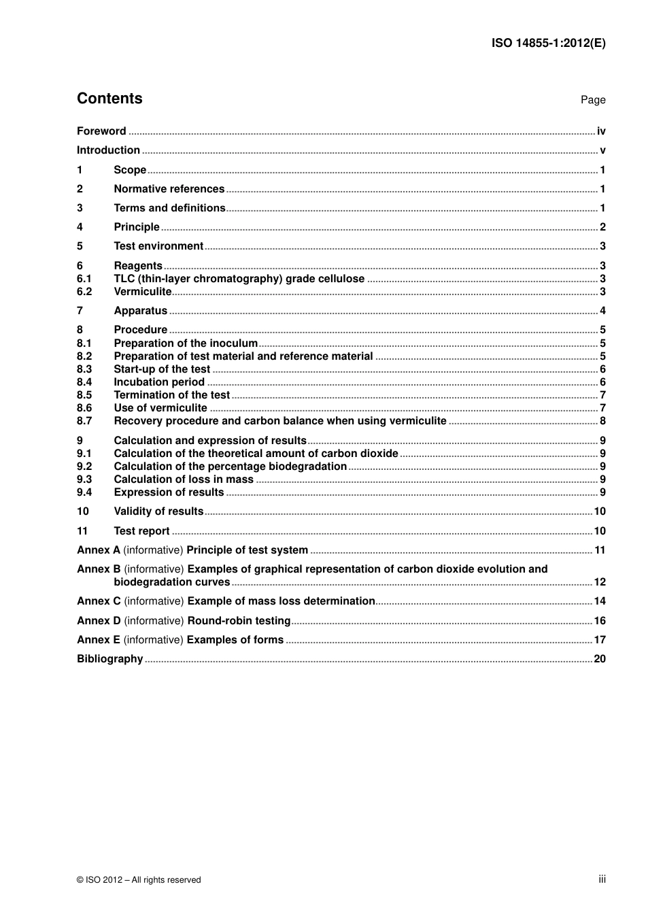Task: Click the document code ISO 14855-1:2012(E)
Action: click(548, 43)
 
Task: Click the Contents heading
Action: click(109, 99)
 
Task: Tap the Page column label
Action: click(592, 100)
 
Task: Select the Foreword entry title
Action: click(101, 131)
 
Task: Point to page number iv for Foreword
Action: click(601, 131)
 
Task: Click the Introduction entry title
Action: click(108, 150)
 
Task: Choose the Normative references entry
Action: click(169, 189)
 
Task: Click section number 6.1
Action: click(84, 279)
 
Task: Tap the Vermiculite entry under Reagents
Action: click(142, 292)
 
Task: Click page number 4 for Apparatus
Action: click(602, 311)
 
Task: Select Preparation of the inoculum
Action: click(186, 343)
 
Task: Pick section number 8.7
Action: click(84, 421)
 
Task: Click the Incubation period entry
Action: click(159, 382)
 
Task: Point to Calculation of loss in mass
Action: click(184, 479)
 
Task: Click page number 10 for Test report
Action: click(600, 531)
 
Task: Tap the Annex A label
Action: click(99, 550)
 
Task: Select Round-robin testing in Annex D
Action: click(239, 621)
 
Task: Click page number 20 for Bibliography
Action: click(600, 659)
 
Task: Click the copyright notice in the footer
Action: click(139, 880)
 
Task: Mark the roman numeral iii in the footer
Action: click(602, 879)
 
